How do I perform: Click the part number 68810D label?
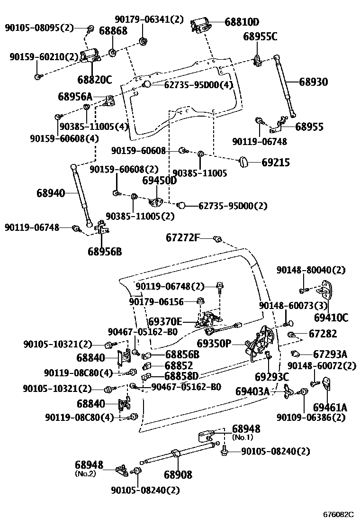tap(242, 22)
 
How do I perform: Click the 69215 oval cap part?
tap(243, 162)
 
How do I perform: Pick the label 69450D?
tap(160, 181)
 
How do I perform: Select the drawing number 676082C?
tap(338, 514)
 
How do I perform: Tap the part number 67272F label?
tap(183, 237)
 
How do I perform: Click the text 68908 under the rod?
tap(178, 474)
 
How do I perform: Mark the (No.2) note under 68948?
tap(85, 473)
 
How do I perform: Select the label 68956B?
tap(104, 251)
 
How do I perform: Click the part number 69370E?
tap(165, 322)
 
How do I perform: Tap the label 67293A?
tap(330, 354)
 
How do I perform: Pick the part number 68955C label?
tap(261, 36)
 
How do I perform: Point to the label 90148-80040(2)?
tap(311, 270)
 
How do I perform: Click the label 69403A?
tap(252, 391)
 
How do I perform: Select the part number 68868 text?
tap(113, 31)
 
